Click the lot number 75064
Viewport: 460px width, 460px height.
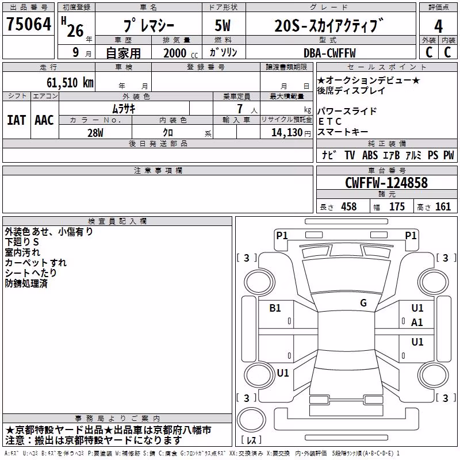[x=29, y=24]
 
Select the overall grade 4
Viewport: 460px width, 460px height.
[x=438, y=26]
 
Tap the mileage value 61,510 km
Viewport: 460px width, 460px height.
[x=70, y=83]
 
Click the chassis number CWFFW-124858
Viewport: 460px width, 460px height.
[x=386, y=183]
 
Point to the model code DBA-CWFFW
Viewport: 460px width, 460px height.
[x=329, y=53]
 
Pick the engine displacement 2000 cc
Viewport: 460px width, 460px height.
[x=181, y=53]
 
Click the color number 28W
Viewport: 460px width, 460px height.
[x=95, y=133]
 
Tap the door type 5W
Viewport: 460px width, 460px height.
[x=223, y=25]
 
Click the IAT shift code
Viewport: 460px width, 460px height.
[x=17, y=120]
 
